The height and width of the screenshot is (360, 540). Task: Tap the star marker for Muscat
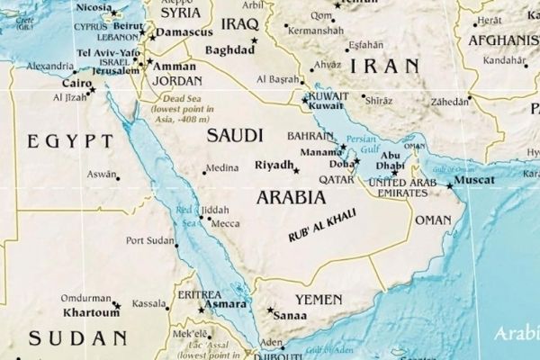click(449, 186)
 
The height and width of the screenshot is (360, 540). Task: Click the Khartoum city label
click(90, 314)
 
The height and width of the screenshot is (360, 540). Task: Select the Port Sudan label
click(148, 240)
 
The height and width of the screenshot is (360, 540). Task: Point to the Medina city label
click(221, 167)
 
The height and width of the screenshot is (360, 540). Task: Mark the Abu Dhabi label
click(391, 159)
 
